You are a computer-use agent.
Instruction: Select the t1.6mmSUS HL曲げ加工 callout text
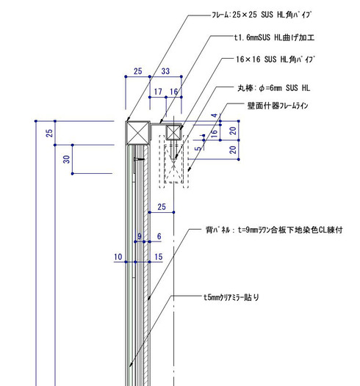coord(273,36)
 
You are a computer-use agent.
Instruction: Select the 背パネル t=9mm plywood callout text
coord(273,230)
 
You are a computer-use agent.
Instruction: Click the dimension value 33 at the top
coord(165,72)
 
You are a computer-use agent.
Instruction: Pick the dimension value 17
coord(158,92)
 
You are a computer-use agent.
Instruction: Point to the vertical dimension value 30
coord(66,159)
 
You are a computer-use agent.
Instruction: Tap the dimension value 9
coord(138,236)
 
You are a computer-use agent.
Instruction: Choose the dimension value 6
coord(158,236)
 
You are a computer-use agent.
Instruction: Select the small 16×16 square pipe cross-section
coord(174,133)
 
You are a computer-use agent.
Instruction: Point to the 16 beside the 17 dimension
coord(174,92)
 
